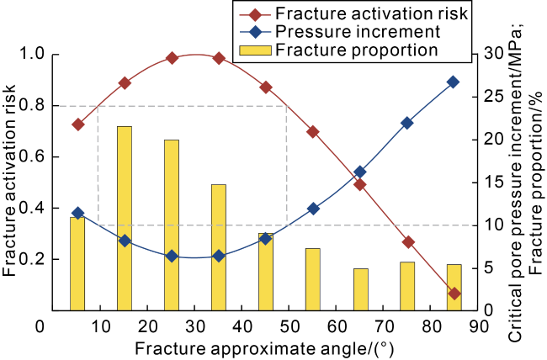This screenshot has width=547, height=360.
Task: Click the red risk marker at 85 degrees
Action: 454,294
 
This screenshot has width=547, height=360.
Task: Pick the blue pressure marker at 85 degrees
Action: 453,82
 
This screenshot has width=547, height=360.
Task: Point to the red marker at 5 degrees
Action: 78,124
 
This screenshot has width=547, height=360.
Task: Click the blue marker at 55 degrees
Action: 313,208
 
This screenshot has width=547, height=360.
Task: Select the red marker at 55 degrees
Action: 312,131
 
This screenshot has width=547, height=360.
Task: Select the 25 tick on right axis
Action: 492,106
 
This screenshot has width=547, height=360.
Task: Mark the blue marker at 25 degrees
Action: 172,256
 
